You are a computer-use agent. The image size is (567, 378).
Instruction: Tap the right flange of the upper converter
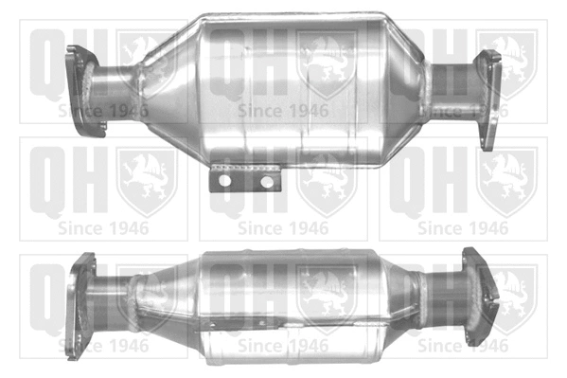(x=488, y=99)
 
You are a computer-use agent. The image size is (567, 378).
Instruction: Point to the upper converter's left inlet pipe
(x=114, y=90)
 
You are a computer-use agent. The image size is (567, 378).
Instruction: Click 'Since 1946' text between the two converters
(x=284, y=228)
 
